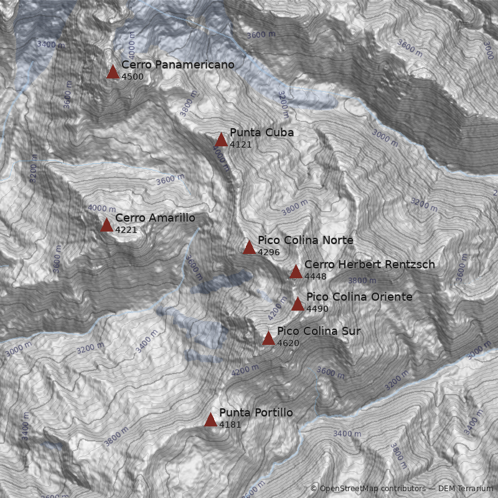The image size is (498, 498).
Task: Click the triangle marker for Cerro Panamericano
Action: coord(113,72)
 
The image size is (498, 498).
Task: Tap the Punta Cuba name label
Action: coord(261,133)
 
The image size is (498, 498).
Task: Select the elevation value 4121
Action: coord(241,144)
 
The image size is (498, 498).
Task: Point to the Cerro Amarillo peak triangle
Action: coord(106,225)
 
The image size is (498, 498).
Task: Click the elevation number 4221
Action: coord(126,230)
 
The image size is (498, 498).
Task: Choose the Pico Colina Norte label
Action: coord(305,240)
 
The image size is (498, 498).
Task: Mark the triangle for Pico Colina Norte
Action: coord(249,248)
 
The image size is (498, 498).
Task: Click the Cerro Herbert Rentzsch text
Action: coord(369,265)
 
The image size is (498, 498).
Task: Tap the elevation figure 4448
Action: coord(316,276)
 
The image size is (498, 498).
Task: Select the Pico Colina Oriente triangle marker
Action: coord(298,304)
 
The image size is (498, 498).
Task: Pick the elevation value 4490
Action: coord(317,309)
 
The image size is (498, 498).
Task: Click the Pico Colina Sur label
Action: coord(318,331)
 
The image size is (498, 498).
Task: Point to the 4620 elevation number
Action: coord(288,343)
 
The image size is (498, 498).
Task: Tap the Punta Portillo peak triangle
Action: coord(210,420)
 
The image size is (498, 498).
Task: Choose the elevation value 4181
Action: coord(230,425)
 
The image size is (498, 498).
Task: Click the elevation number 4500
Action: coord(133,77)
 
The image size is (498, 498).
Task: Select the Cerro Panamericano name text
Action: coord(177,65)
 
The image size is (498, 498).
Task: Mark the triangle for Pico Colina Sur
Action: coord(268,339)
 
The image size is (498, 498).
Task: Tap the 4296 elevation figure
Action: coord(269,252)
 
